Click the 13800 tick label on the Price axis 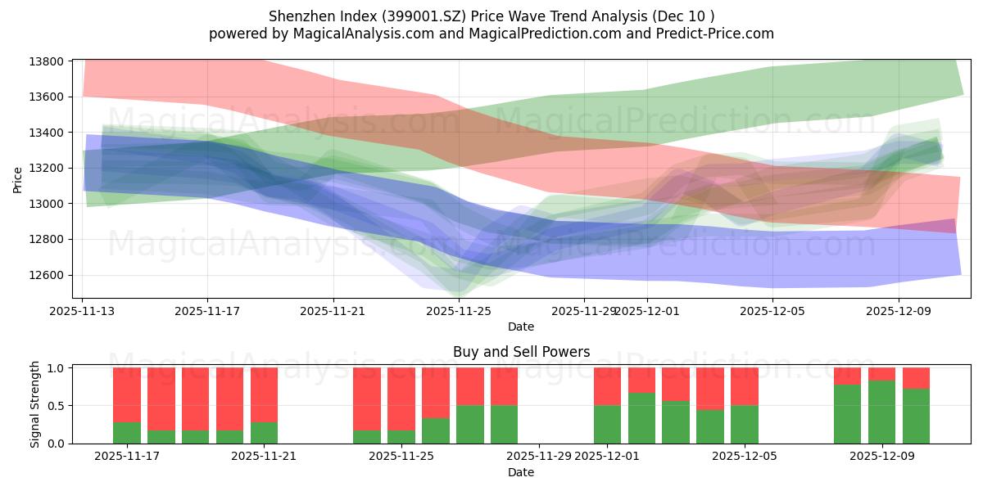48,62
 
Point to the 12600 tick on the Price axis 48,275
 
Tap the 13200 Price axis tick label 48,169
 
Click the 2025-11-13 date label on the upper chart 82,311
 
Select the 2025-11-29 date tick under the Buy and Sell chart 539,456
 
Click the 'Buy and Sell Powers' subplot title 521,353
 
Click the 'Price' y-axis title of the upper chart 18,179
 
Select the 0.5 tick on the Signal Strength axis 56,406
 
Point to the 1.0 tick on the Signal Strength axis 56,368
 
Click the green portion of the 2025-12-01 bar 607,424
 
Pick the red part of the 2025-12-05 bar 744,386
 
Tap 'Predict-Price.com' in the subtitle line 718,34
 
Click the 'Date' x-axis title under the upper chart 521,327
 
